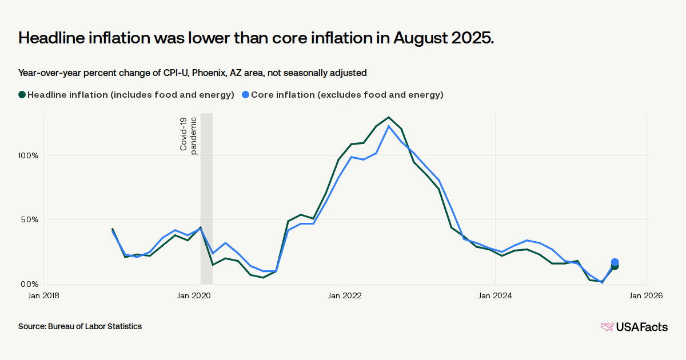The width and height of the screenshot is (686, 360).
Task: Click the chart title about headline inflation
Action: (x=256, y=38)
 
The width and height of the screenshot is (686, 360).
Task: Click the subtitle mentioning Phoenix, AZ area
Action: (x=192, y=73)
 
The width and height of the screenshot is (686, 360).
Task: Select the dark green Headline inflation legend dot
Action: (x=22, y=95)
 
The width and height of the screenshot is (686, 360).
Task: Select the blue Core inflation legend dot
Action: (x=245, y=95)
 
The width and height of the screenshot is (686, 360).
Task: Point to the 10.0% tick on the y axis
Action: (x=26, y=155)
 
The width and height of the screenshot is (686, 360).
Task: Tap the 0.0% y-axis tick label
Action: (x=27, y=284)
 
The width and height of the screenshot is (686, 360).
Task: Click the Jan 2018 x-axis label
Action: (x=43, y=295)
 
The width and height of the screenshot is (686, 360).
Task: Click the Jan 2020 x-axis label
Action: (x=194, y=295)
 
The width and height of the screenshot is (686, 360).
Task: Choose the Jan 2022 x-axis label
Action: (x=345, y=295)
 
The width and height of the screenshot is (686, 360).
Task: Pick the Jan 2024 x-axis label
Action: (x=495, y=295)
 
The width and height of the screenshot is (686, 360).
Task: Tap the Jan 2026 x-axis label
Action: (x=646, y=295)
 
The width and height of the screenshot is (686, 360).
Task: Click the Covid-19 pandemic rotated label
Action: (x=189, y=134)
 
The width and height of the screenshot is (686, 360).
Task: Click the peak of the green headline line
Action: (x=389, y=117)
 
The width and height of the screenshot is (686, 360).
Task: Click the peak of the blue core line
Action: (x=389, y=126)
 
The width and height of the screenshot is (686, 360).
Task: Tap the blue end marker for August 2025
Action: (x=615, y=262)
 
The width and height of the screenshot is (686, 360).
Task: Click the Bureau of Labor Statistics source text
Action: (x=80, y=326)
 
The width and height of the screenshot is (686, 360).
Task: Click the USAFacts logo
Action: (x=634, y=327)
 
